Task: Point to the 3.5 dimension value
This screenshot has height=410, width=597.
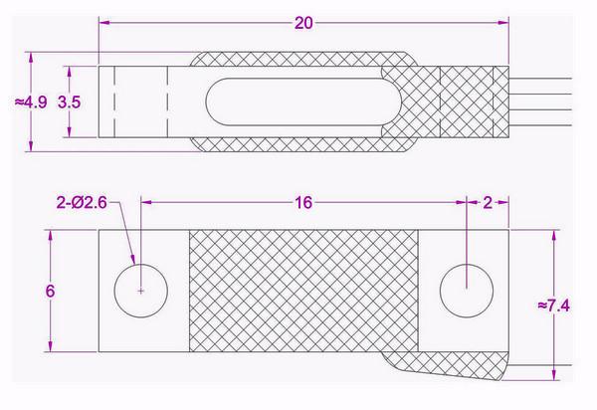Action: pos(69,101)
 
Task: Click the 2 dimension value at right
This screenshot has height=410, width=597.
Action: pos(487,202)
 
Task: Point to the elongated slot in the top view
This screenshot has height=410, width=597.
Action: pos(298,101)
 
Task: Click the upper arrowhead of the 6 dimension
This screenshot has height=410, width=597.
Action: pos(51,235)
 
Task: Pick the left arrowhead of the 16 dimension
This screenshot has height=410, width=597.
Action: pos(148,202)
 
